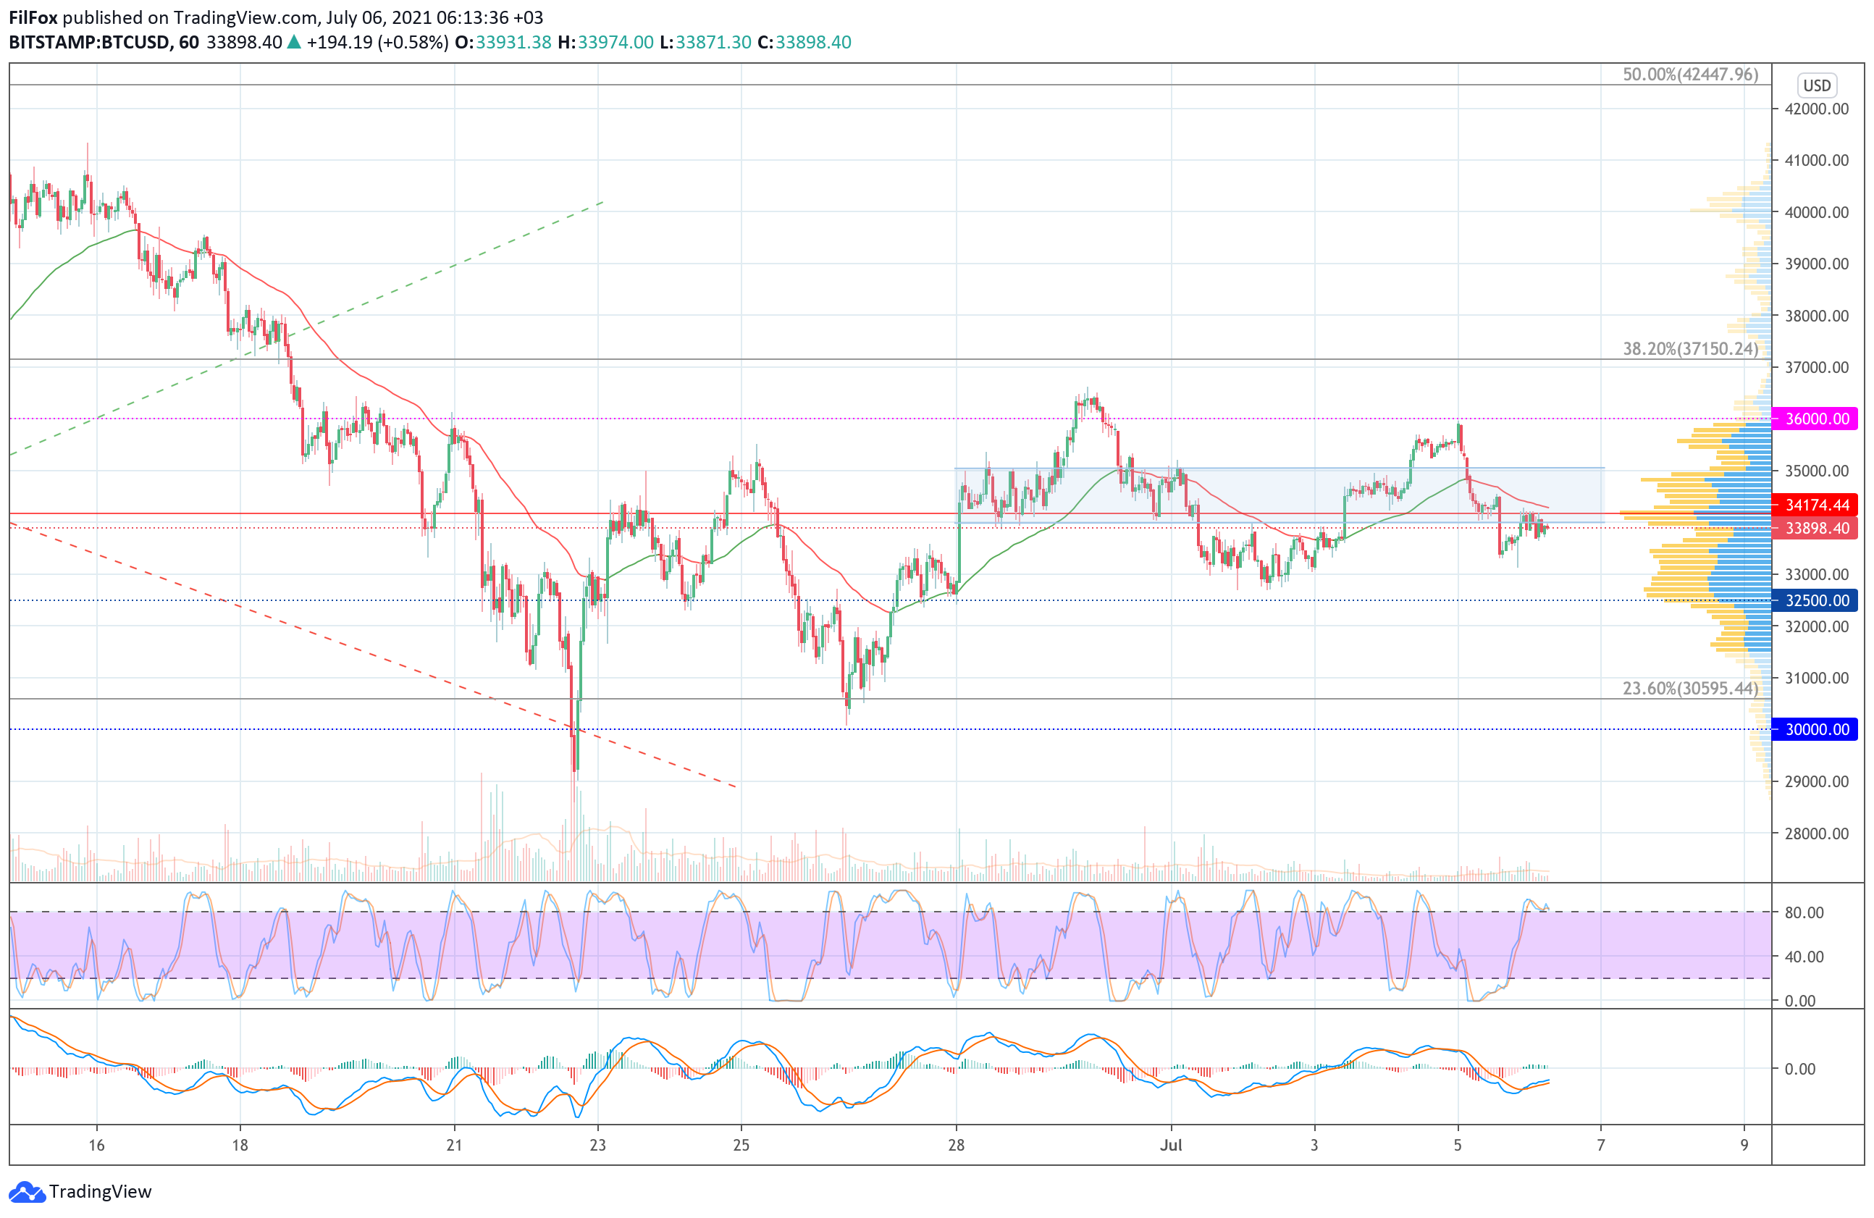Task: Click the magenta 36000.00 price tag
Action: (1816, 419)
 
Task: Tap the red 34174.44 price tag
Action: (1816, 505)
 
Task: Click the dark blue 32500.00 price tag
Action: (1816, 601)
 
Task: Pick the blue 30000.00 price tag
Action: (1816, 729)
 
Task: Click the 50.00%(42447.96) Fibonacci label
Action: (1690, 75)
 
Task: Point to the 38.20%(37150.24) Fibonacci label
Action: (1690, 349)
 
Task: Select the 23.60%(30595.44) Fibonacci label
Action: (1690, 689)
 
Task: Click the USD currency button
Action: (1817, 85)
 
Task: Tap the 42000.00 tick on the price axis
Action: (1817, 109)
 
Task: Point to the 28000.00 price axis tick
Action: (1817, 833)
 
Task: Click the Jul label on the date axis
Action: (1170, 1145)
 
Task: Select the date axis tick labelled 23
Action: (597, 1145)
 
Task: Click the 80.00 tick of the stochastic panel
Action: (1804, 912)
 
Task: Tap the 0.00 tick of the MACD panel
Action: (1799, 1070)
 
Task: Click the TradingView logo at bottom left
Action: (80, 1191)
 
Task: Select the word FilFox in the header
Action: (33, 17)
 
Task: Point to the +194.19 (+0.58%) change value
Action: (377, 43)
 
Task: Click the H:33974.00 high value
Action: (605, 43)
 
